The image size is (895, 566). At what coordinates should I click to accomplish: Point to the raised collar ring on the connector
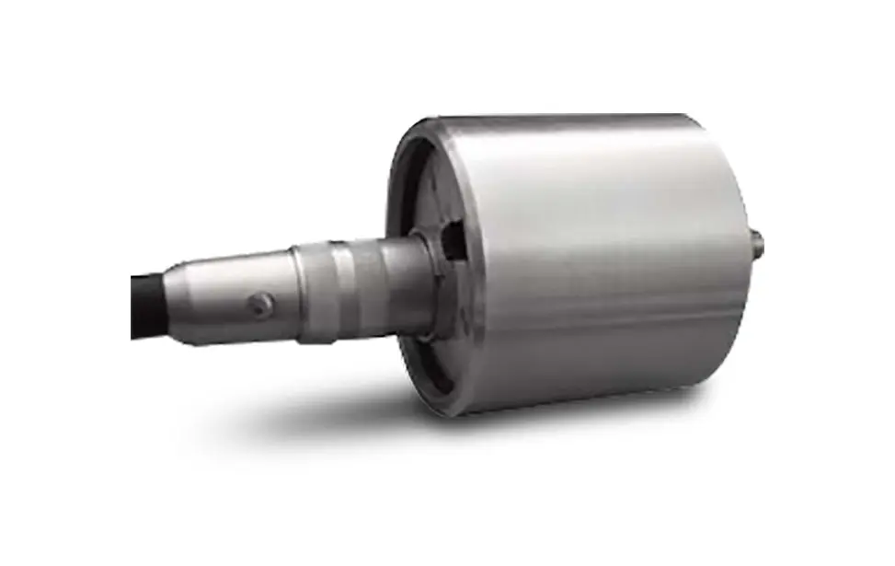pos(314,290)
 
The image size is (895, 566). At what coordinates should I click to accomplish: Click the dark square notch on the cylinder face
pos(453,241)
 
